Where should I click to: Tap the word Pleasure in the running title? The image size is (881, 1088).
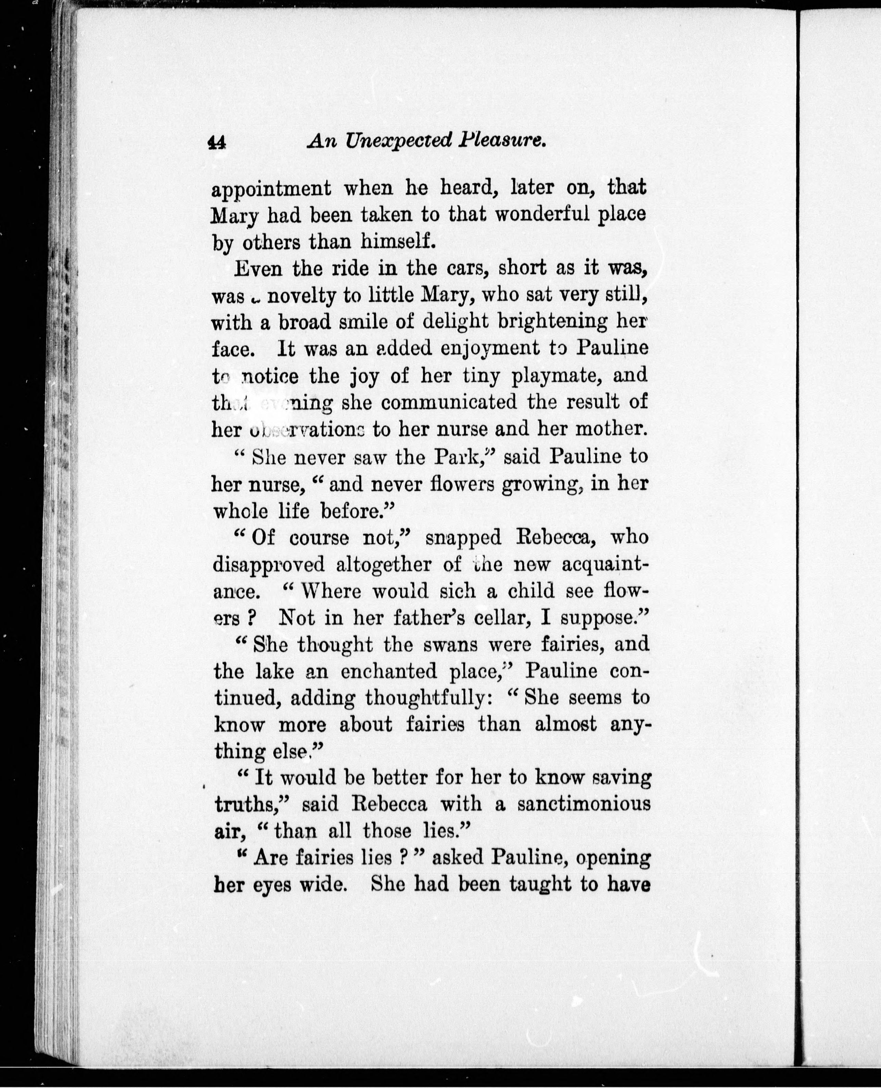[502, 140]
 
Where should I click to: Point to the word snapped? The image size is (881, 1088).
[463, 537]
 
